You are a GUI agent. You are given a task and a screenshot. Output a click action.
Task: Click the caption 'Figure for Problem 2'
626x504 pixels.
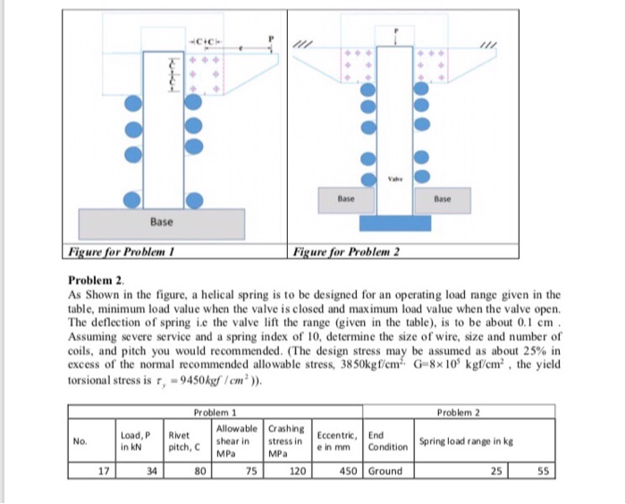coord(347,252)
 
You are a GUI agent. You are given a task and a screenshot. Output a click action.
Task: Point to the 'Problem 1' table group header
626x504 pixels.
coord(214,413)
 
